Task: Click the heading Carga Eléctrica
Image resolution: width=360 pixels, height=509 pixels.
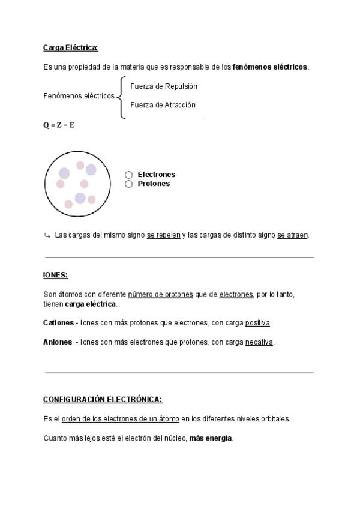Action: point(70,47)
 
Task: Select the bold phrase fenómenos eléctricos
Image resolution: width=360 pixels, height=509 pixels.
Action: point(270,67)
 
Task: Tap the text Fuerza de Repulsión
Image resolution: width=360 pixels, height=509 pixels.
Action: point(163,86)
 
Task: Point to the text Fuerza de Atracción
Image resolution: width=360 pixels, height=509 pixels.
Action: point(163,105)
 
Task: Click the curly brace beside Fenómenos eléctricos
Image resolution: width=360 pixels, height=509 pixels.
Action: point(121,96)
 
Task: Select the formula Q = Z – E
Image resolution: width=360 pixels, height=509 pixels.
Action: point(59,125)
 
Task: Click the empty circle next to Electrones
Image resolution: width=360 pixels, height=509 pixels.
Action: point(129,175)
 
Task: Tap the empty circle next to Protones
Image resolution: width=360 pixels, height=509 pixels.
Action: point(129,184)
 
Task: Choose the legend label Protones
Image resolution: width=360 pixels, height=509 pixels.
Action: point(154,184)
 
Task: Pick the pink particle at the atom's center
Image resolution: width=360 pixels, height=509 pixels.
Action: point(84,184)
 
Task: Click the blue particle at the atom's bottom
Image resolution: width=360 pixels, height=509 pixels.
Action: point(80,198)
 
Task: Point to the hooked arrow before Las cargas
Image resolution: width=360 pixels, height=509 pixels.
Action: point(47,235)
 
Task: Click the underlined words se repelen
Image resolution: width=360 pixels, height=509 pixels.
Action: point(163,235)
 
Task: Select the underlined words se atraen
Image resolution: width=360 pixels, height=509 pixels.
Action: point(292,235)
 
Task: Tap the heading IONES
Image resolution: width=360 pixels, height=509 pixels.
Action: point(56,275)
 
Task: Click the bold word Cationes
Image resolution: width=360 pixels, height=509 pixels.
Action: point(58,323)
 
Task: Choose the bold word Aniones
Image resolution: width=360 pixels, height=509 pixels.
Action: point(58,342)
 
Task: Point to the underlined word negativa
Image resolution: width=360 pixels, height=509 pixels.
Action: point(259,342)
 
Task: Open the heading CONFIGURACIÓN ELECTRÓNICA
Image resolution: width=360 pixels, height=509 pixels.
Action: point(103,399)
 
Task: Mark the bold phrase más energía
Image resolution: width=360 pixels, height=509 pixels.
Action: point(210,438)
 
